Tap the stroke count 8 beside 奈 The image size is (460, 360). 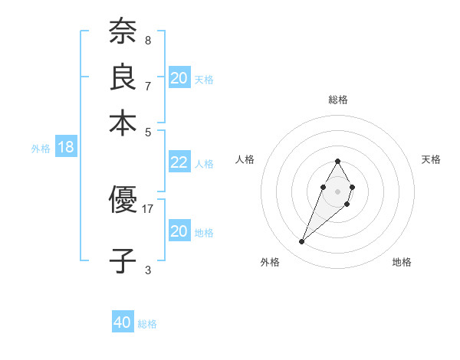tap(148, 40)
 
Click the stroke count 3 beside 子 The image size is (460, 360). tap(148, 269)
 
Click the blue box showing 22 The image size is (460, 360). tap(179, 162)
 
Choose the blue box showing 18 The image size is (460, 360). tap(66, 148)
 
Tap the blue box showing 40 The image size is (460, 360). tap(123, 322)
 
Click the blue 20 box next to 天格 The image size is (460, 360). tap(179, 78)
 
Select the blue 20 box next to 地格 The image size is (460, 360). tap(179, 231)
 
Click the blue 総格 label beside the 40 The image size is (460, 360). tap(148, 324)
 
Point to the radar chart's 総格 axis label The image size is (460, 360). tap(337, 100)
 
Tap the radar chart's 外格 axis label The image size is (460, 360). tap(270, 262)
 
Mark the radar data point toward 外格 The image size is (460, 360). tap(302, 242)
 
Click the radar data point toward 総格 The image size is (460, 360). tap(337, 161)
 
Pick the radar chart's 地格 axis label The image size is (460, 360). tap(402, 262)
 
